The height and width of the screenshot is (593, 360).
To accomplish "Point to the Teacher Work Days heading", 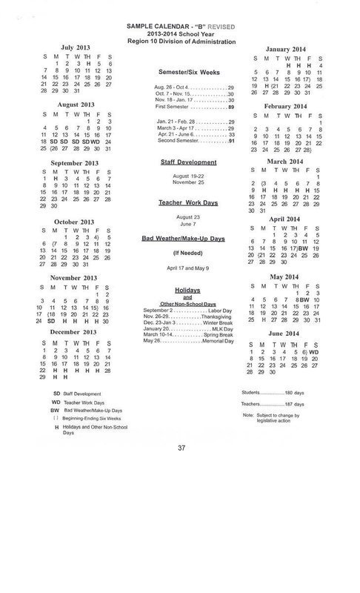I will click(x=188, y=202).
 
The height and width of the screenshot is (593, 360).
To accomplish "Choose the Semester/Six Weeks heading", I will click(x=188, y=73).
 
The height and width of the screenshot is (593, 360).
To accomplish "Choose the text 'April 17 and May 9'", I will click(x=188, y=265).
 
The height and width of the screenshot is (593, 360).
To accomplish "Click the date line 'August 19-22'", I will click(x=188, y=174).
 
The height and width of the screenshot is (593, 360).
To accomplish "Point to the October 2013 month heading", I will click(x=77, y=222).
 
